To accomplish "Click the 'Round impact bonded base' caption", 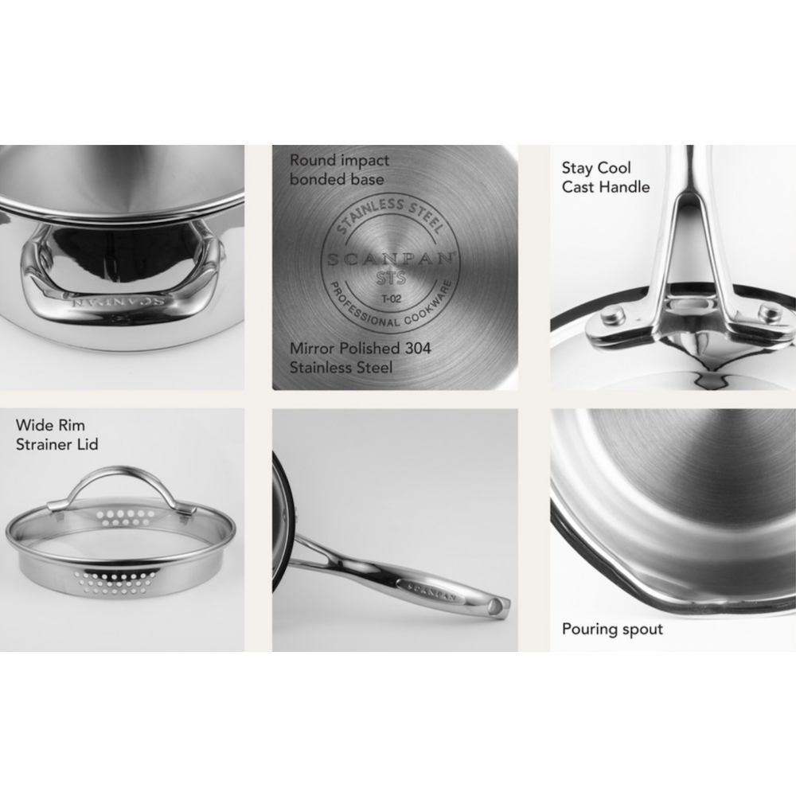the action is click(339, 170).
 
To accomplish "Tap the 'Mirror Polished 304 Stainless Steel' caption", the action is click(360, 357).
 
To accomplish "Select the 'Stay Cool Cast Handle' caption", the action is click(605, 178).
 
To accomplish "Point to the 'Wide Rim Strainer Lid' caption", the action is click(57, 435).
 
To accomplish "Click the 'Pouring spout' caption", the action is click(612, 629).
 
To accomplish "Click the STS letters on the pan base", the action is click(392, 278).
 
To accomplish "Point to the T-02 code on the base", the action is click(392, 298).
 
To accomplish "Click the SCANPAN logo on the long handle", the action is click(431, 589).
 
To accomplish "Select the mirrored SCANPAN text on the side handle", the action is click(119, 301).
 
